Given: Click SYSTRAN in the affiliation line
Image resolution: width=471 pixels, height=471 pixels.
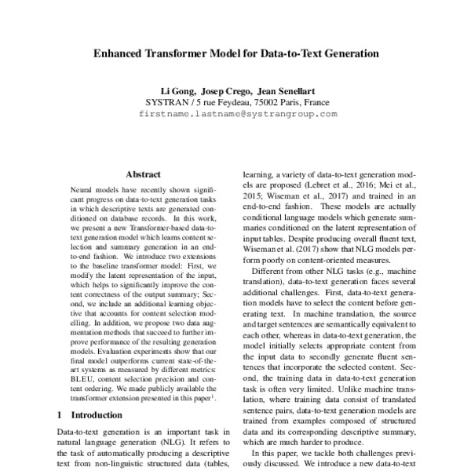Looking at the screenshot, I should pos(167,102).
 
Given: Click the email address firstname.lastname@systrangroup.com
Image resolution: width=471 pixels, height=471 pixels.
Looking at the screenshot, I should pos(237,114).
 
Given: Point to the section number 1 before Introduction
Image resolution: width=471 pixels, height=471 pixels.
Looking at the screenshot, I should pos(61,414).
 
